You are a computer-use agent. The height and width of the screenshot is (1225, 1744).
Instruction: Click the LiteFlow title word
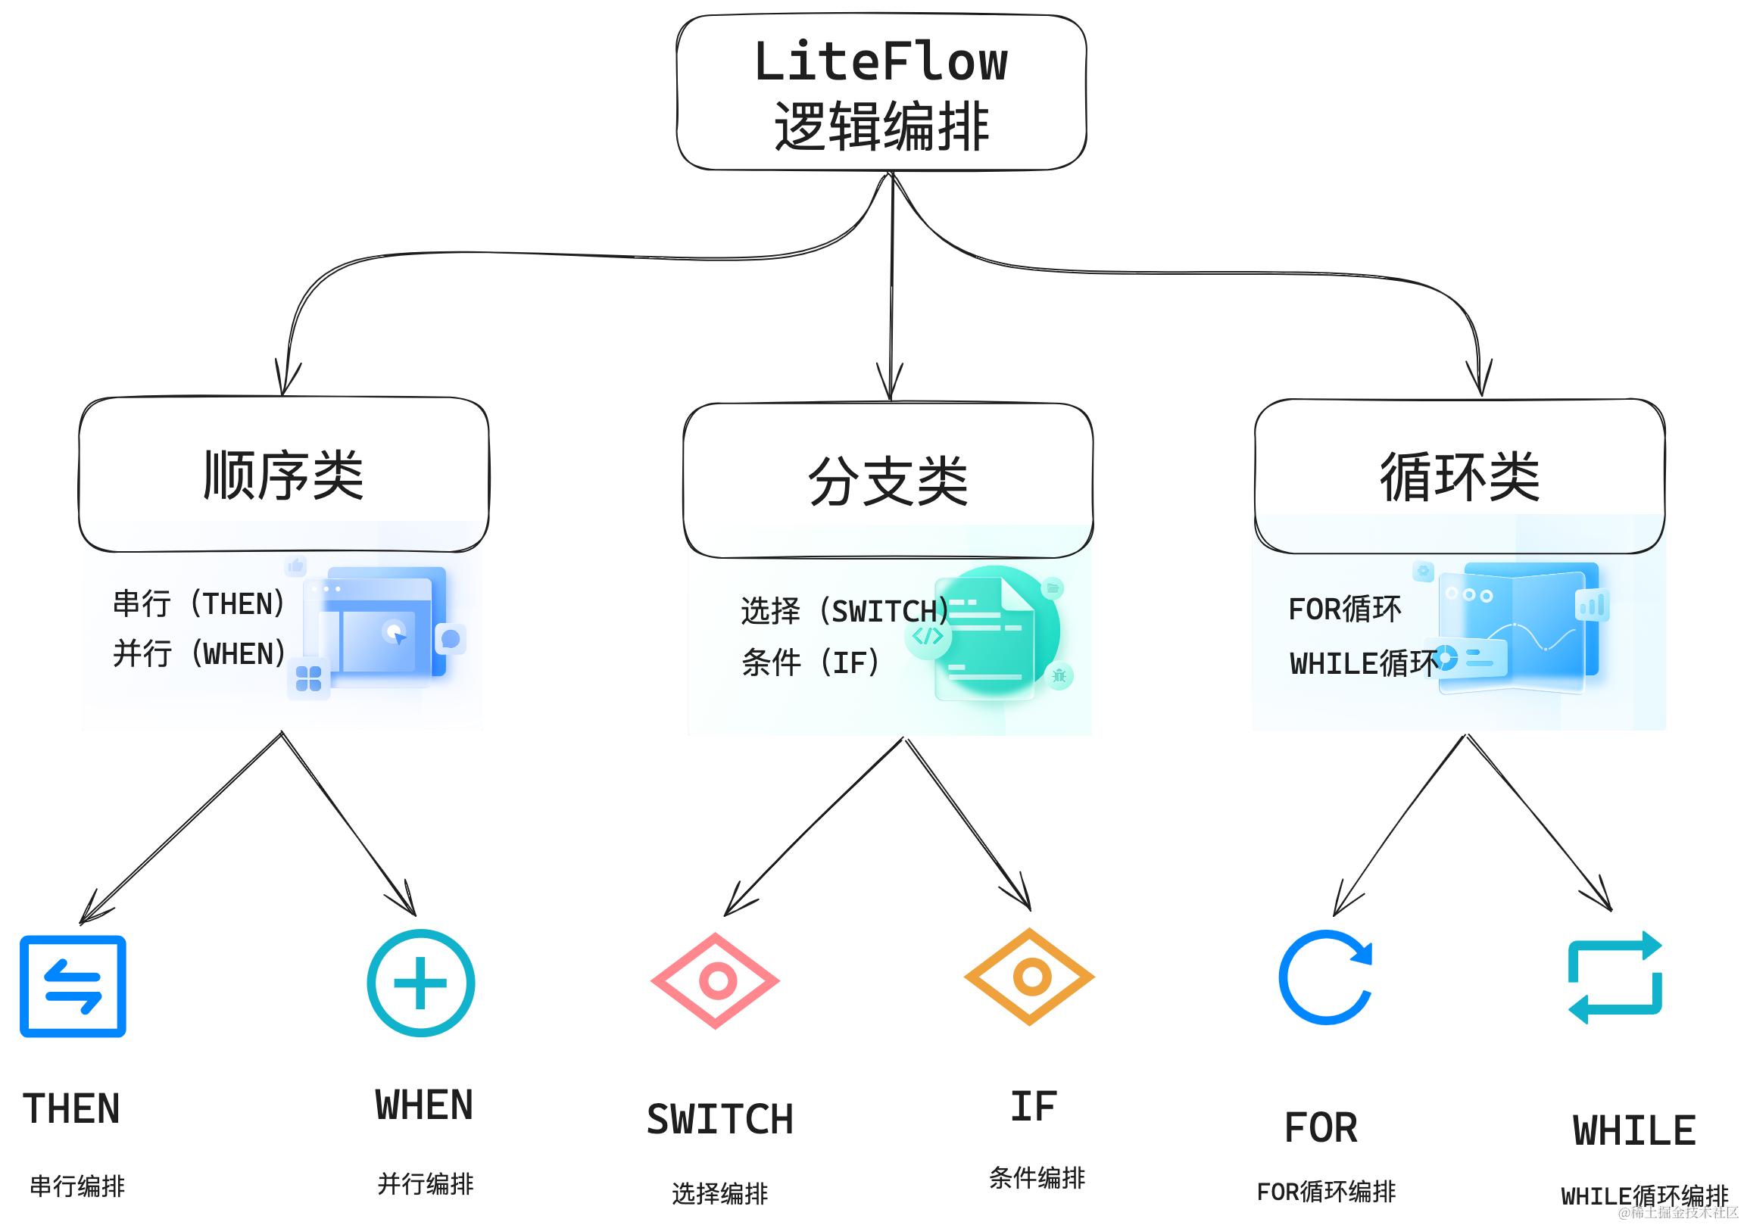[881, 62]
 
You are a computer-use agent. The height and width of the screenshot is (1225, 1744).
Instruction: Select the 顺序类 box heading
[283, 475]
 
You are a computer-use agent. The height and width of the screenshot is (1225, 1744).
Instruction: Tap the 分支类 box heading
[888, 482]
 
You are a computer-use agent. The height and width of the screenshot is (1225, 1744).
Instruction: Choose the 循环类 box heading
[1459, 477]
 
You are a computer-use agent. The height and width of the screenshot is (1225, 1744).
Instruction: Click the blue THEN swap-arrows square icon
[73, 987]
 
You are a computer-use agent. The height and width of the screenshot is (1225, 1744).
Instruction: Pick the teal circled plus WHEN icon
[421, 983]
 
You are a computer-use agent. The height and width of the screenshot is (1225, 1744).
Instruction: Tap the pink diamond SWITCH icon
[716, 980]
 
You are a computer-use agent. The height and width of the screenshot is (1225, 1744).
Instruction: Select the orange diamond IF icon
[1030, 976]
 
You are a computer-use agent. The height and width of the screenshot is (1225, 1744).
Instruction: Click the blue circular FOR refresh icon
[1324, 977]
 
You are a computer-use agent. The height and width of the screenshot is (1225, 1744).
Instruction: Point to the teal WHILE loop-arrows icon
[1615, 977]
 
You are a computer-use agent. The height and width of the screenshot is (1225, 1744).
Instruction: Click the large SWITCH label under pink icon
[719, 1120]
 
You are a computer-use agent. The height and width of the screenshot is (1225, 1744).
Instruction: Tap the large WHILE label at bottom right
[1634, 1130]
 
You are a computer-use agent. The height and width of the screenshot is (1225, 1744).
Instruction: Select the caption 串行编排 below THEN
[76, 1186]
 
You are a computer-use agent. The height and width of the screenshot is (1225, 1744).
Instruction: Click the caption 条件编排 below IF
[1037, 1178]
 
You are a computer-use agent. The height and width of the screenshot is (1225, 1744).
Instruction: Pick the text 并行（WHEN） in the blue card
[199, 653]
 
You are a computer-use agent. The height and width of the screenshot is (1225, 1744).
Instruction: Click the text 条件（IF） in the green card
[810, 663]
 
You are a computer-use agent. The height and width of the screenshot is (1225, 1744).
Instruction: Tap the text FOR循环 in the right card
[1344, 609]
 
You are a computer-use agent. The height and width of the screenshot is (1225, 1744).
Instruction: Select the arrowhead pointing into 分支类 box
[890, 384]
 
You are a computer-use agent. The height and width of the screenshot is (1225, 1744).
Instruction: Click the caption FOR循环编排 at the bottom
[1326, 1192]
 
